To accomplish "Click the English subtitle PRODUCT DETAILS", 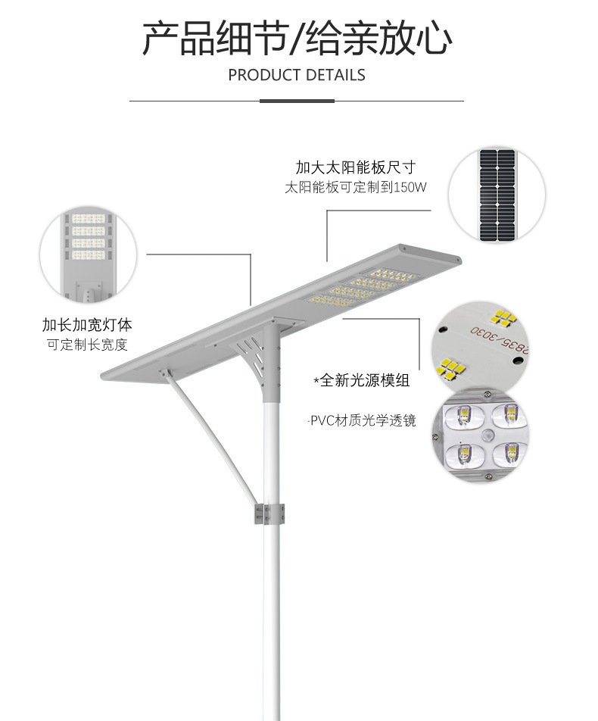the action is coord(297,75).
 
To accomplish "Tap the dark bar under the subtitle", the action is coord(297,100).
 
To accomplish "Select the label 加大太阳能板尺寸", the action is coord(355,167).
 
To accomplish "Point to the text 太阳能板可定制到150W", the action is coord(356,187).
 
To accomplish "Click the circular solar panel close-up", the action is coord(497,195).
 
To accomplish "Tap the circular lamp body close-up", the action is coord(89,254).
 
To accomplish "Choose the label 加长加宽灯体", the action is coord(87,325).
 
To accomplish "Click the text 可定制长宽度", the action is coord(87,345).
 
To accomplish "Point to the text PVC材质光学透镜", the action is coord(363,420).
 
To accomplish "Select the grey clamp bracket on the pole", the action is coord(269,513).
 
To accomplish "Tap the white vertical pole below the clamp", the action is coord(269,621).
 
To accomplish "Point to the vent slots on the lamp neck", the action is coord(249,352).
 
